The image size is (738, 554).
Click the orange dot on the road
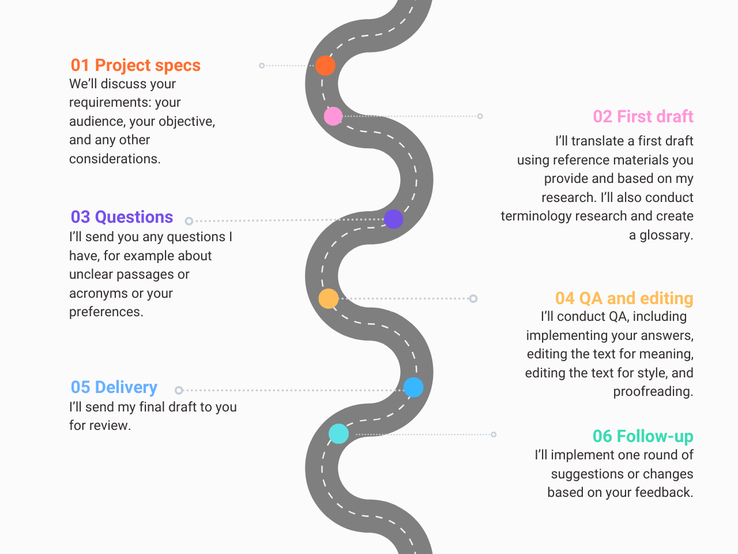[325, 66]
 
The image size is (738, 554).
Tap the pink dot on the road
[333, 117]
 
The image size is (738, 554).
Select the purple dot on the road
[393, 219]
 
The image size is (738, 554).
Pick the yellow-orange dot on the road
[329, 298]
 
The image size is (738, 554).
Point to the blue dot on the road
[413, 387]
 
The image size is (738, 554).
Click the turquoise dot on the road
[338, 434]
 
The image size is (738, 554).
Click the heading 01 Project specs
[135, 65]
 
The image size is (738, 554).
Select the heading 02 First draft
[643, 117]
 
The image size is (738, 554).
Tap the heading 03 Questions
[122, 217]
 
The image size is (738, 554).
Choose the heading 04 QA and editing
[624, 298]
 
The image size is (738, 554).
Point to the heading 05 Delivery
[114, 387]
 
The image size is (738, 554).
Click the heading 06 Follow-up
[643, 436]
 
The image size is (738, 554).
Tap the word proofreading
[653, 392]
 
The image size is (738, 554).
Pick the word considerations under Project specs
[114, 159]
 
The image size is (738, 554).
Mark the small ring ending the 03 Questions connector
[189, 221]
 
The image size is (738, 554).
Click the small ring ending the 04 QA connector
[473, 298]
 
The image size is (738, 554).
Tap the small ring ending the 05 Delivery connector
[179, 390]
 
